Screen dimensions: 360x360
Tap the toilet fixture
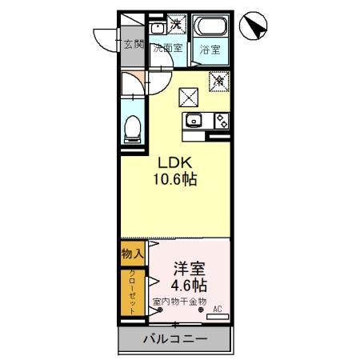coord(133,127)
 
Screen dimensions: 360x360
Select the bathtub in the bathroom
coord(213,27)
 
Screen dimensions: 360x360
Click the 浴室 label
coord(212,47)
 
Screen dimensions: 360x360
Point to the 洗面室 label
coord(167,47)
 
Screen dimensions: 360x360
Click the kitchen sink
coord(194,121)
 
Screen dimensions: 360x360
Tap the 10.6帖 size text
coord(174,179)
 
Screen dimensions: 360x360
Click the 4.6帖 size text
coord(189,285)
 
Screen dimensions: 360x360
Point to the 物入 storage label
coord(132,254)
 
